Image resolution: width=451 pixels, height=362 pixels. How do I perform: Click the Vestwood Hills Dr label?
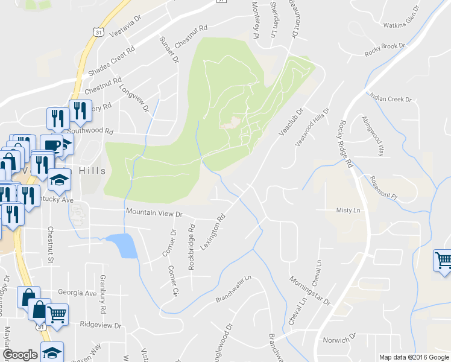tap(312, 126)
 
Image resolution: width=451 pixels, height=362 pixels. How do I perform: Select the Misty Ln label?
tap(347, 210)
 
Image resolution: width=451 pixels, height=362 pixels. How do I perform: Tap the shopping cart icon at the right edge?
tap(443, 261)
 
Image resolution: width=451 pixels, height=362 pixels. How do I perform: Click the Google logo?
tap(20, 355)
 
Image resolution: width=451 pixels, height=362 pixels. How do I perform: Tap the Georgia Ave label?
tap(77, 293)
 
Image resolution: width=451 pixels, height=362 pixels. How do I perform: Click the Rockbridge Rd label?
tap(192, 247)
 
